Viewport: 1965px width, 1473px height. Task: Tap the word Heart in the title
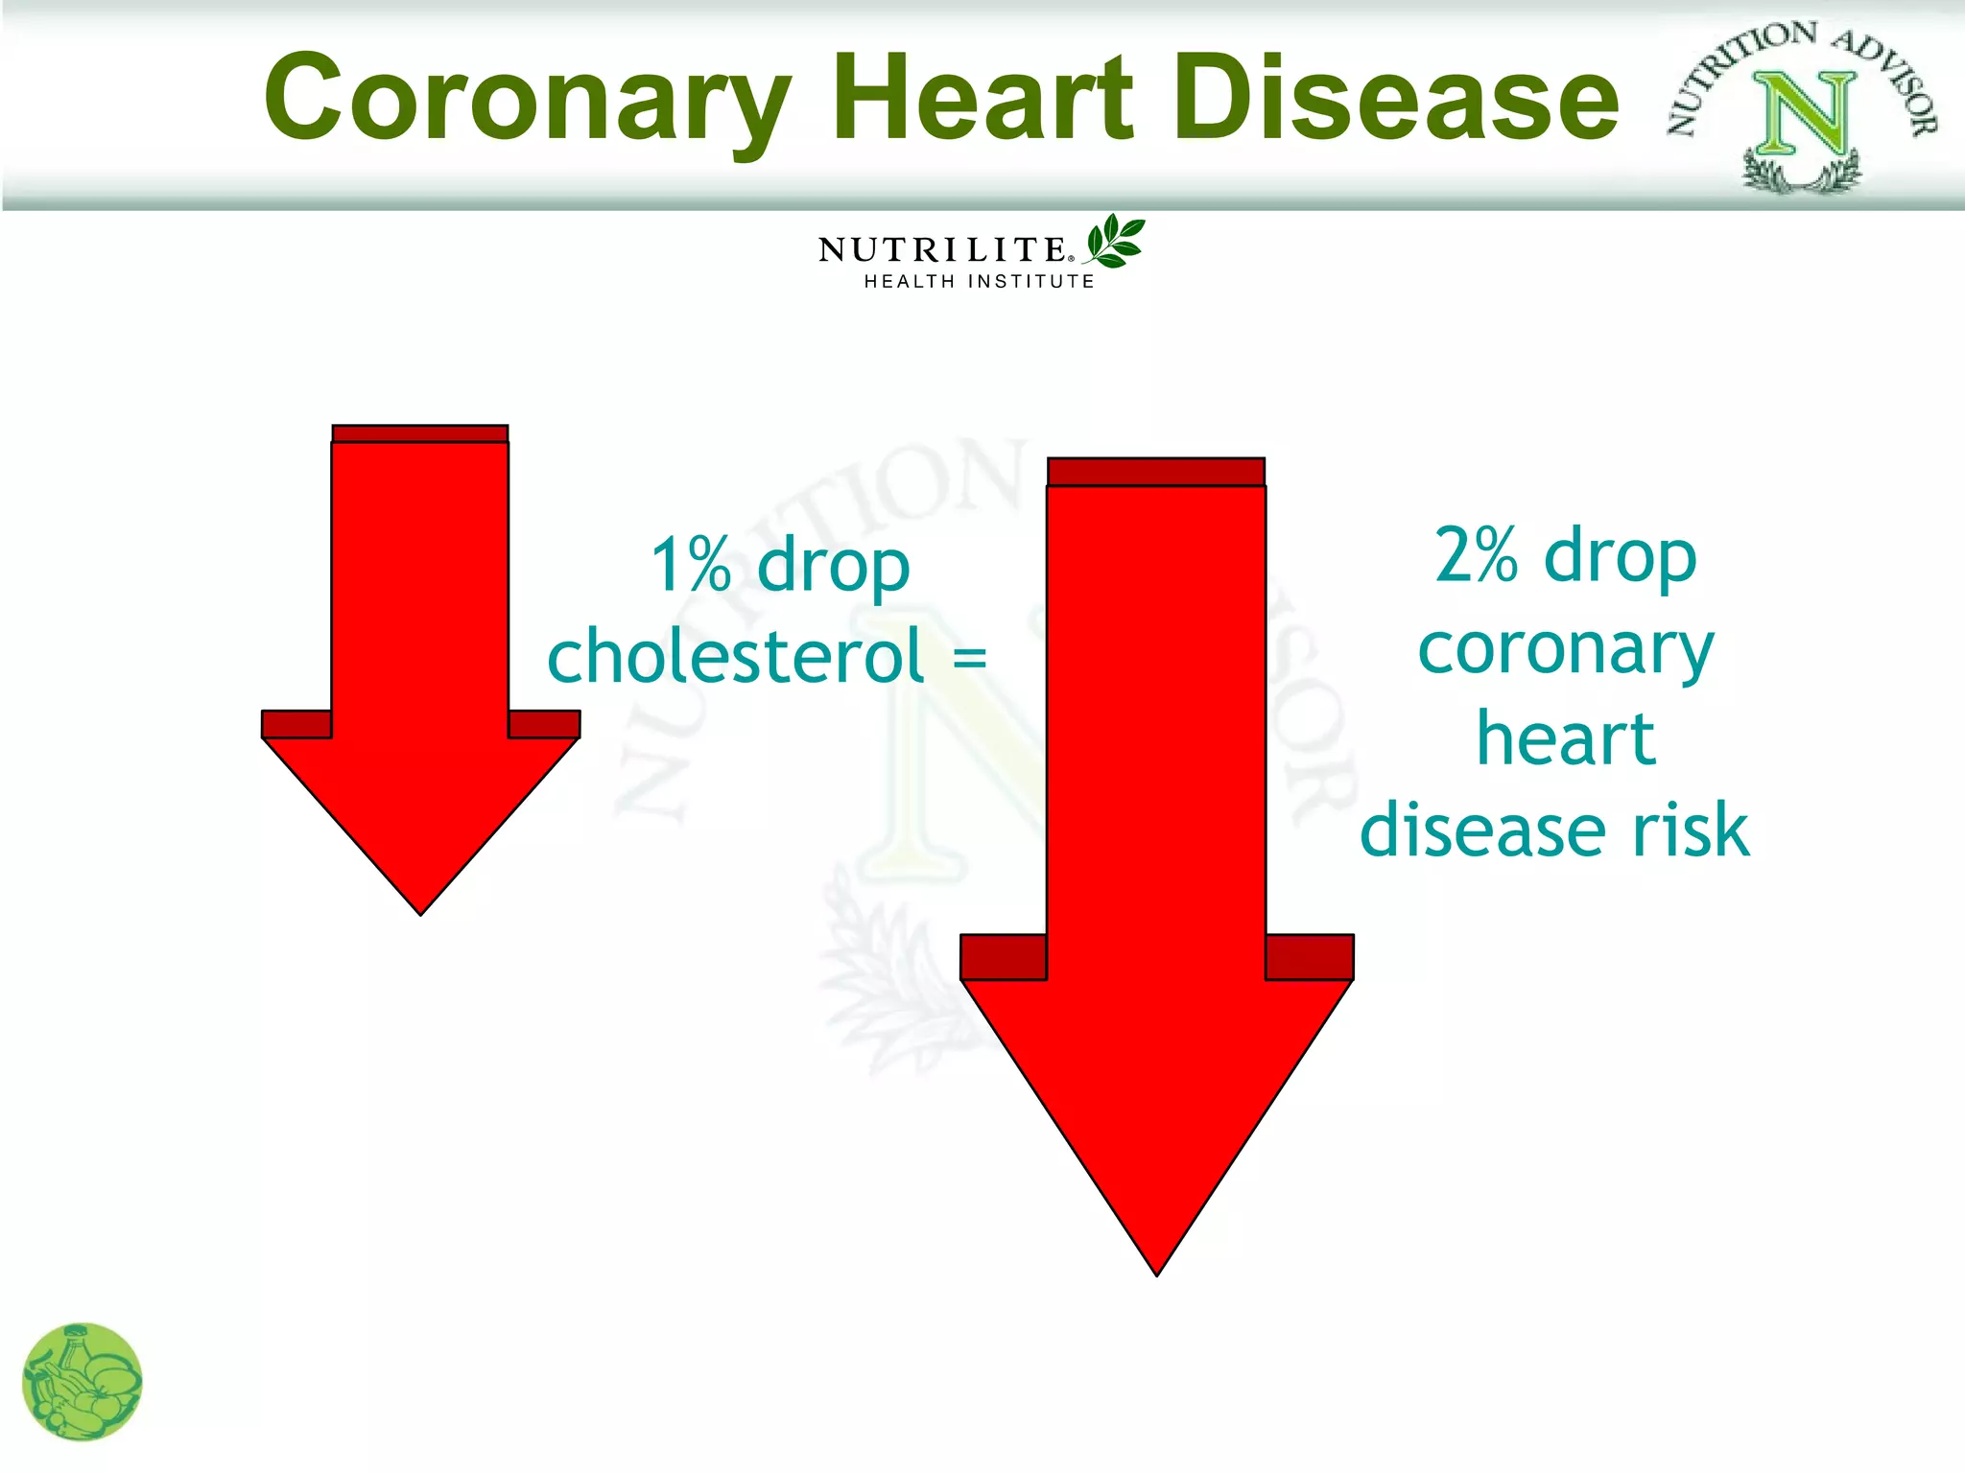pyautogui.click(x=983, y=96)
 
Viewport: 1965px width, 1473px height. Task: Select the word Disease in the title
pyautogui.click(x=1397, y=96)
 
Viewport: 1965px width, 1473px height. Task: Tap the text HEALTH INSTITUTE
pyautogui.click(x=979, y=281)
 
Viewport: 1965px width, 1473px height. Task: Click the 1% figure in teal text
pyautogui.click(x=691, y=565)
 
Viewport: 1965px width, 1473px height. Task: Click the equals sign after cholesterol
pyautogui.click(x=969, y=658)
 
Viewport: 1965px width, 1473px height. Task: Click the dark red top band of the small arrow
pyautogui.click(x=419, y=433)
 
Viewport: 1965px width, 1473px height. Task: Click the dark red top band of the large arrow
pyautogui.click(x=1155, y=472)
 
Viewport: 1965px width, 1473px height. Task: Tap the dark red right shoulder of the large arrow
pyautogui.click(x=1309, y=957)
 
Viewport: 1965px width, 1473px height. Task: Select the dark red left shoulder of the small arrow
pyautogui.click(x=296, y=724)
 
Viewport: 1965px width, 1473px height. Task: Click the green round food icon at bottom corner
pyautogui.click(x=82, y=1382)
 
